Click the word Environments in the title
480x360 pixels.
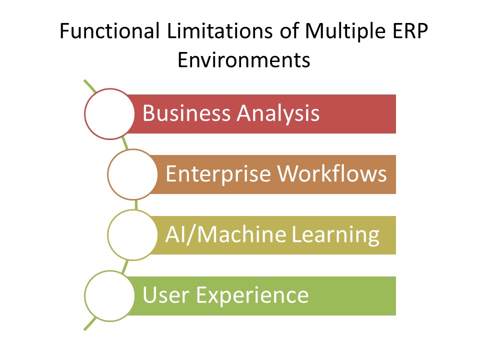coord(243,60)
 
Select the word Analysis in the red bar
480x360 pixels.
coord(278,113)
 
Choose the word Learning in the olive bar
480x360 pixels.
coord(335,234)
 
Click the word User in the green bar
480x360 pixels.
coord(165,295)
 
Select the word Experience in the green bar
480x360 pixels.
coord(252,295)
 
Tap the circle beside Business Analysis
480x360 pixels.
coord(109,113)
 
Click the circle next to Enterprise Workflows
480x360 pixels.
coord(132,174)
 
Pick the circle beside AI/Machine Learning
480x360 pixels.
coord(132,234)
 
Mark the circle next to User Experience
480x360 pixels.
coord(109,295)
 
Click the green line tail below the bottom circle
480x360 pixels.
coord(89,324)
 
